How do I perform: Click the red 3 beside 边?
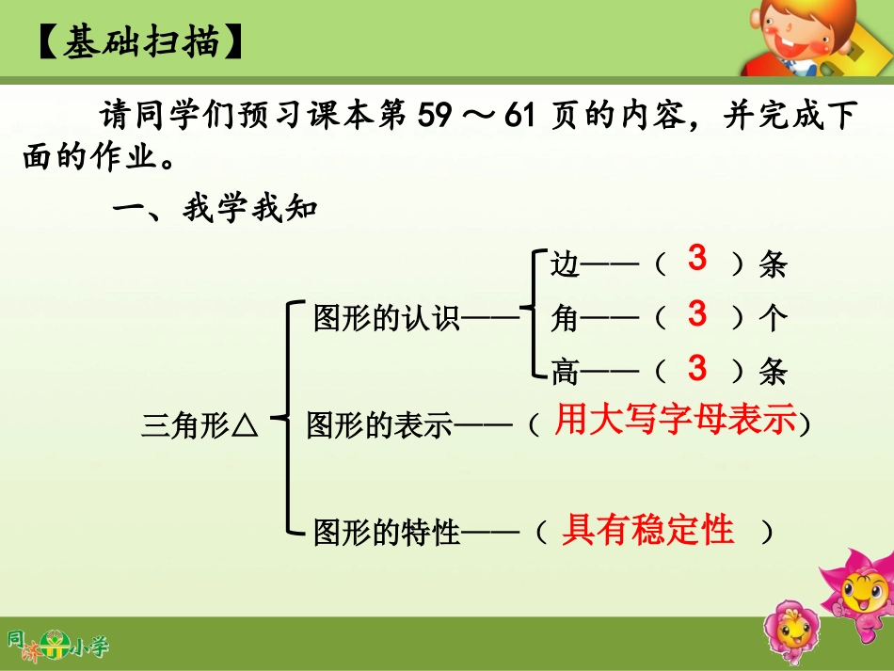pos(696,259)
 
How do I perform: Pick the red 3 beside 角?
pos(696,313)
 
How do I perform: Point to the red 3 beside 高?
pos(696,368)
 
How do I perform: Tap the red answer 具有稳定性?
pos(647,531)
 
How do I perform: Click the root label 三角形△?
pos(200,426)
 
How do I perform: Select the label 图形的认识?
pos(387,319)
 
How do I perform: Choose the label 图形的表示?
pos(379,426)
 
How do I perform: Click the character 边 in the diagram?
pos(565,264)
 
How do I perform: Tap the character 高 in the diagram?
pos(565,373)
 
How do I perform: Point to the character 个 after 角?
pos(772,319)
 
